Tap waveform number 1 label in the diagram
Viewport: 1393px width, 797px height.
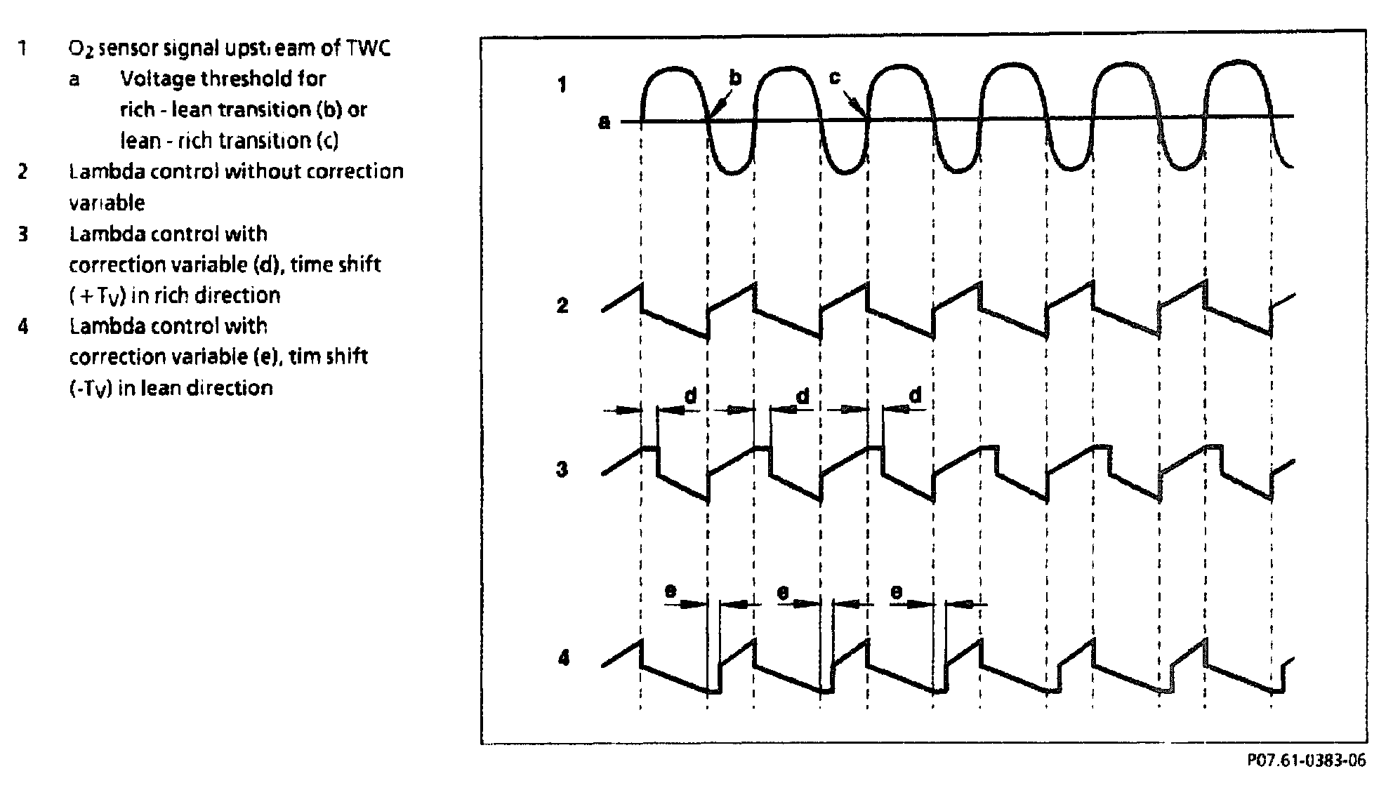(x=562, y=86)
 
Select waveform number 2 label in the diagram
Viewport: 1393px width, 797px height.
(x=562, y=306)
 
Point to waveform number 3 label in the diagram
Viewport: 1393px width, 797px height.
(x=562, y=469)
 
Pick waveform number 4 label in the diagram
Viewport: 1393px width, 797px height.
(x=563, y=659)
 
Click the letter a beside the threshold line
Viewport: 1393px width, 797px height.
(x=604, y=123)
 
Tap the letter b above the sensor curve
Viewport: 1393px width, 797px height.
(x=735, y=78)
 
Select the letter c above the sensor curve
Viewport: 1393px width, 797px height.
(x=835, y=77)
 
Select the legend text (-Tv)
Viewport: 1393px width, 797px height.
(x=91, y=388)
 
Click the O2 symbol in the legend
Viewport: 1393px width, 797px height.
(x=77, y=48)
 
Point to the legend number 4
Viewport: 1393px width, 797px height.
(x=23, y=326)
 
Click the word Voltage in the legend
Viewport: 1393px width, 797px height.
(x=158, y=79)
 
